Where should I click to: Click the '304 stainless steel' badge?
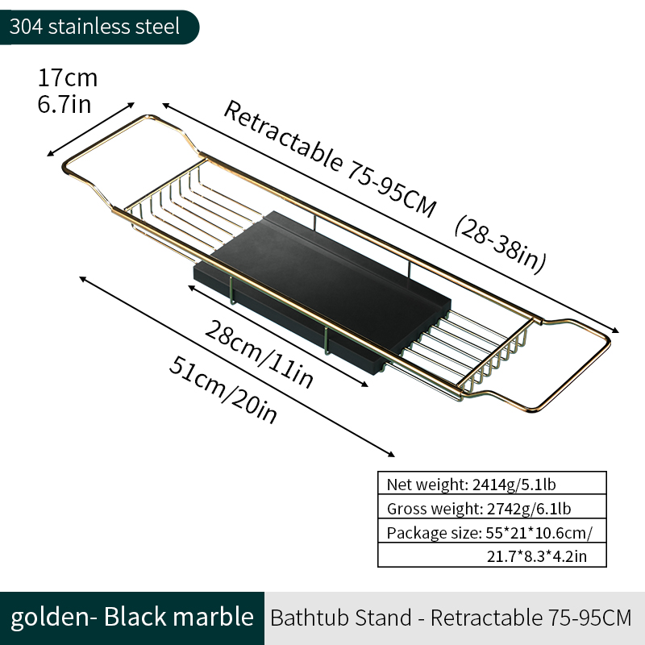point(99,27)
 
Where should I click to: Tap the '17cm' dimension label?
point(68,77)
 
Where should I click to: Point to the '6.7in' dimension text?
point(64,104)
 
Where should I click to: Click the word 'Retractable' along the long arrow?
point(283,135)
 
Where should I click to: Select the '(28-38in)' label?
point(501,244)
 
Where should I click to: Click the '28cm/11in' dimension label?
point(259,354)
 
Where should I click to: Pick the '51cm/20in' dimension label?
point(223,389)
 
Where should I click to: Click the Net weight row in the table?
point(492,484)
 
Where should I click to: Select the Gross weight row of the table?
point(492,508)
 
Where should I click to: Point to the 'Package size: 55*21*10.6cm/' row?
point(492,531)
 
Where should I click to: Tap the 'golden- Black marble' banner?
point(132,618)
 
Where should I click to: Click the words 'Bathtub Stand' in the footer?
point(341,618)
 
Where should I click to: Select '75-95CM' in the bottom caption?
point(590,618)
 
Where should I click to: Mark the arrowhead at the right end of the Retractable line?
point(615,331)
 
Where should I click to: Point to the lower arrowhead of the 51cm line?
point(391,454)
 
